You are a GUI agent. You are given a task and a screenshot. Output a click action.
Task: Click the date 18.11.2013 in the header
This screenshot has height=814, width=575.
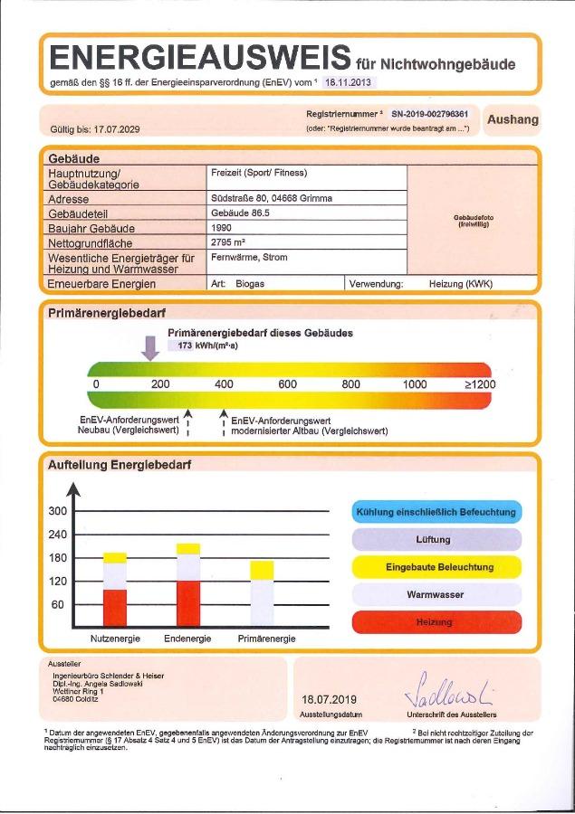(349, 81)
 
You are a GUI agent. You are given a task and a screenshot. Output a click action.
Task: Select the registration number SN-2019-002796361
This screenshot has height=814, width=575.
(429, 115)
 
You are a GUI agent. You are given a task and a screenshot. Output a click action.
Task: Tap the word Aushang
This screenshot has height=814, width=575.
(513, 119)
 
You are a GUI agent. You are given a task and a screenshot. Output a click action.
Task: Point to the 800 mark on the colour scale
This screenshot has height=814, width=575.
(351, 384)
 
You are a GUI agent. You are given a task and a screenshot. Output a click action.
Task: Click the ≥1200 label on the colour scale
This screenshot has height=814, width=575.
(480, 384)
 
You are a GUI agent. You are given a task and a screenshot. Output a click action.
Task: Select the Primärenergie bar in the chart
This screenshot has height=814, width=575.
(262, 592)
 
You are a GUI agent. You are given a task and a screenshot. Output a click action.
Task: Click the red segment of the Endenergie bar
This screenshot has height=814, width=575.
(188, 604)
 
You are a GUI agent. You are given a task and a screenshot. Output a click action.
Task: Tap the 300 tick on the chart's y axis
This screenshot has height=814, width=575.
(57, 511)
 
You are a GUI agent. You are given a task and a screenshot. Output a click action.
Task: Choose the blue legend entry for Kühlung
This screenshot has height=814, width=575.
(436, 512)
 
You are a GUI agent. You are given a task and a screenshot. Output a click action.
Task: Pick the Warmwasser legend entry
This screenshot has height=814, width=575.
(436, 595)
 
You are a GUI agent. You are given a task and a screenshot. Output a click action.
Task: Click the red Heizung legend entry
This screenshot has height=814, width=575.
(436, 623)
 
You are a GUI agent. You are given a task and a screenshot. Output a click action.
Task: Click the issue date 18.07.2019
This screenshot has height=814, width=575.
(330, 699)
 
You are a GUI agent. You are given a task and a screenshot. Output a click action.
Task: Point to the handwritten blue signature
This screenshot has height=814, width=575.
(450, 691)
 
